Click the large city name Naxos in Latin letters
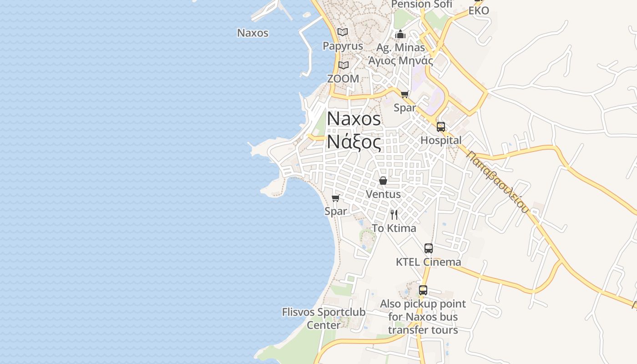click(x=354, y=119)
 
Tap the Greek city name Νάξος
click(x=354, y=142)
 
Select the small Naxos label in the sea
click(x=253, y=33)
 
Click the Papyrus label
click(x=343, y=46)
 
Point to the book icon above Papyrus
click(x=343, y=32)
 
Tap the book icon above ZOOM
click(x=343, y=65)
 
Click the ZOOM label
click(x=343, y=79)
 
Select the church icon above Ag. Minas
click(x=400, y=34)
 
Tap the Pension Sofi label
click(x=422, y=5)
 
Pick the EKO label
click(x=479, y=11)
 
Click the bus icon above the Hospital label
click(x=440, y=127)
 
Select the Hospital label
click(x=441, y=141)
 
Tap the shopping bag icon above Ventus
click(x=383, y=181)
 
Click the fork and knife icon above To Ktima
click(x=394, y=214)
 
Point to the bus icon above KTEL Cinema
click(x=428, y=248)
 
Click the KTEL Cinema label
click(x=428, y=262)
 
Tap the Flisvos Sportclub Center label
click(x=324, y=318)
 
